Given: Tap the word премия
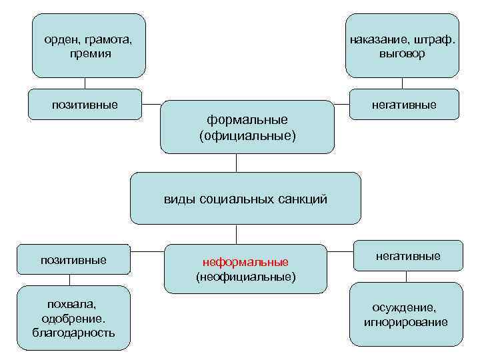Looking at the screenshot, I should (89, 53).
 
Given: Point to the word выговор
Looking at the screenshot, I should (402, 53).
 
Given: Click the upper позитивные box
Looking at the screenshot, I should (85, 104).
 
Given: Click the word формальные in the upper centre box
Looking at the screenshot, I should (247, 119).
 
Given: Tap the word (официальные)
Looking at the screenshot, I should (247, 135).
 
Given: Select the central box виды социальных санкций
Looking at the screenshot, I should (245, 199).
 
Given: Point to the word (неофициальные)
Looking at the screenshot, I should (246, 275).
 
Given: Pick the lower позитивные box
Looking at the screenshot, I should (73, 259).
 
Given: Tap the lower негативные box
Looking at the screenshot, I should (408, 255).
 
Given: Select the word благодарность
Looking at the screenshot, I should (73, 331).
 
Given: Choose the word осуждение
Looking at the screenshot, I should (405, 308).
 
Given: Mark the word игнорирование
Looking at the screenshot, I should (405, 323).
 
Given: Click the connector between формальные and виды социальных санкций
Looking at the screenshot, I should (236, 163).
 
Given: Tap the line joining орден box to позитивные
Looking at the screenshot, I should (85, 83).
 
